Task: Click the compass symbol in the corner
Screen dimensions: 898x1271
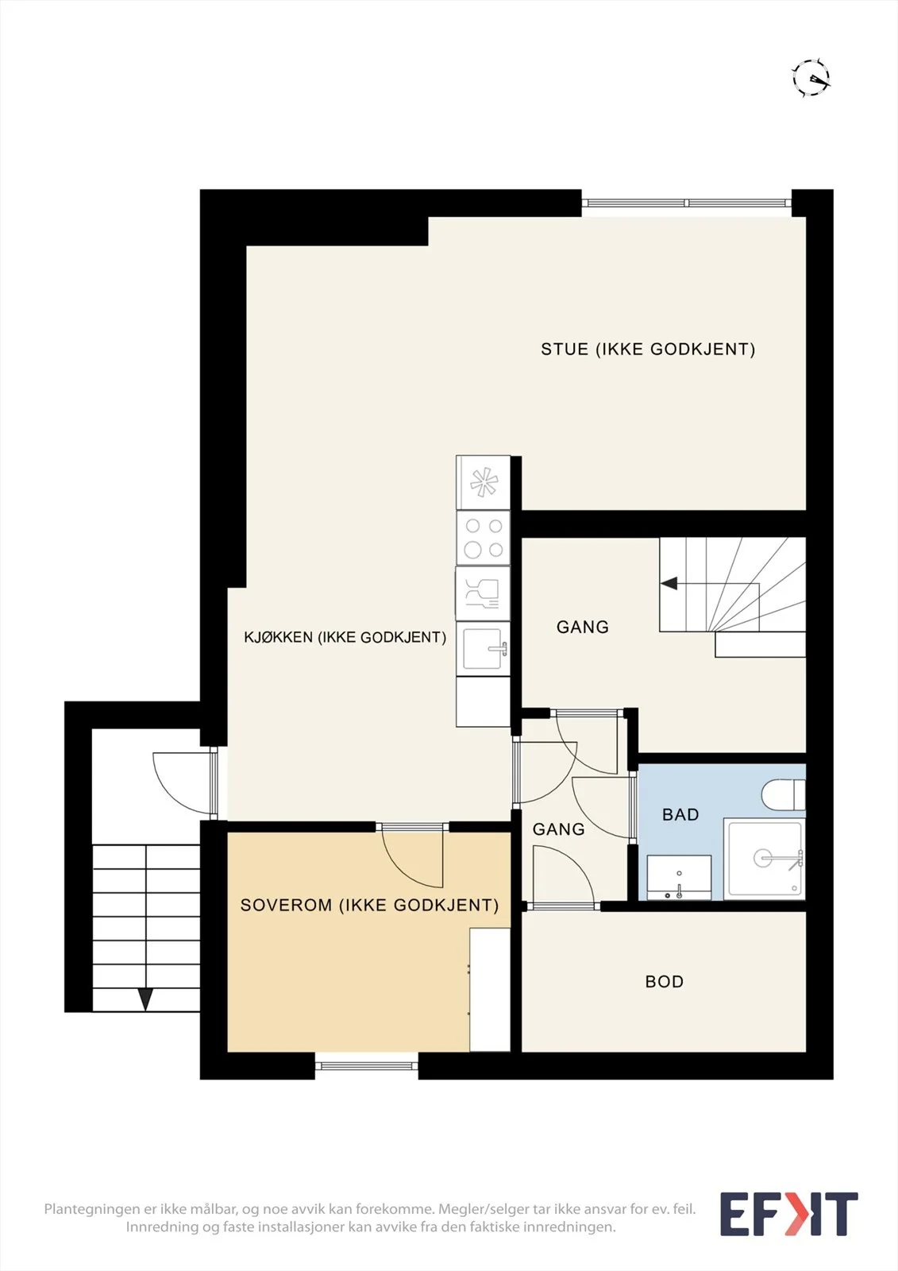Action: pos(811,78)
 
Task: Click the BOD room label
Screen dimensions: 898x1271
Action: pos(665,982)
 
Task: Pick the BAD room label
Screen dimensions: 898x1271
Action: pos(680,815)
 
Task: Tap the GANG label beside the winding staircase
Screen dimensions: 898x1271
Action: pos(583,627)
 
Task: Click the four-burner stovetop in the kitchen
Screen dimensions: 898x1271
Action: pos(484,538)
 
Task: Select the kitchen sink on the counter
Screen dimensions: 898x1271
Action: pos(484,648)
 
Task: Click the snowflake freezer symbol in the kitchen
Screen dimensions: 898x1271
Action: pos(484,483)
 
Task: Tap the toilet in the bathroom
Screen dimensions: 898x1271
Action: pos(784,794)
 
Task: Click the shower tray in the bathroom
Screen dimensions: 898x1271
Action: pos(765,859)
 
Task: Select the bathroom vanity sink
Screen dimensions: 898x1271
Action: pos(679,877)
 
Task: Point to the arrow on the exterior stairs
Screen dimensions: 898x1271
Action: pos(146,999)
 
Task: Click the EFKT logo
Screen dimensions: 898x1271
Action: pos(789,1215)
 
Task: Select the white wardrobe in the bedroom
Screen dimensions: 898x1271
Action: pos(490,990)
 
